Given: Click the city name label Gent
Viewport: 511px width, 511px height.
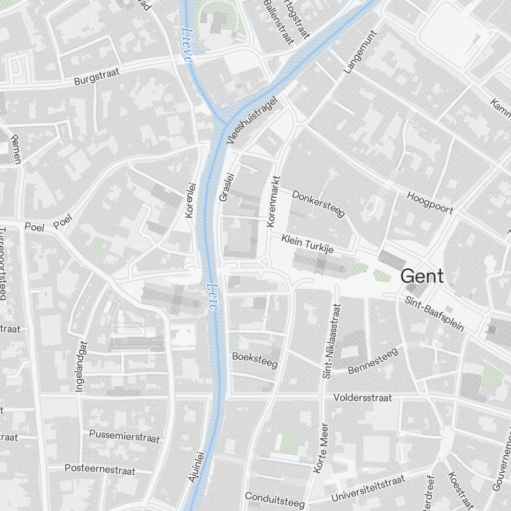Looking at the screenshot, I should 422,276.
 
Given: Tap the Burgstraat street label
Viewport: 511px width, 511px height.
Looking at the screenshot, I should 97,76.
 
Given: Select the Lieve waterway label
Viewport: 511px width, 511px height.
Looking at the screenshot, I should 187,45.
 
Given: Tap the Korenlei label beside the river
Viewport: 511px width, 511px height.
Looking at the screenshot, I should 191,200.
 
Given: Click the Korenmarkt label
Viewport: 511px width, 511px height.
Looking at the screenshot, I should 274,201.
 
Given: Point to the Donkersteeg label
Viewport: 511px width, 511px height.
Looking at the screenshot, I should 318,203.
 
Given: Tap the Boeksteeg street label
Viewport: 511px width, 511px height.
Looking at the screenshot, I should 254,360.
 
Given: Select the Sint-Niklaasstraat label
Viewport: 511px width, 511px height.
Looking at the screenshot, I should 331,341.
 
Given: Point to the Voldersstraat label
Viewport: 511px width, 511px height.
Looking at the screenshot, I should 362,397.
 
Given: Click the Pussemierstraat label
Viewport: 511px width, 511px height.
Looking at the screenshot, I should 124,436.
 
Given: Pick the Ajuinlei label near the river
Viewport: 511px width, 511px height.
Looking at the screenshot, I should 197,466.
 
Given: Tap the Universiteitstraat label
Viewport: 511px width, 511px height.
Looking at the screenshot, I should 368,488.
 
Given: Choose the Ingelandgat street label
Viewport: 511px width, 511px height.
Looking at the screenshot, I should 82,367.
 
